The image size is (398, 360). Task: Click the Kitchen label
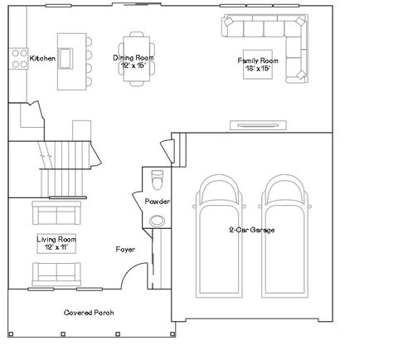(x=42, y=59)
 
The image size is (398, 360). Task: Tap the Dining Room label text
(x=135, y=58)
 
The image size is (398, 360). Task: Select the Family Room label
(x=257, y=61)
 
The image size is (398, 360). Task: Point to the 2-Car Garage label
(x=252, y=230)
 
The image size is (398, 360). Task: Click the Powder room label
(x=158, y=202)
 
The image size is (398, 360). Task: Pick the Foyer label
(x=125, y=249)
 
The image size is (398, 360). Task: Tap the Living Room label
(x=56, y=239)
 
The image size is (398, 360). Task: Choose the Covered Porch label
(x=89, y=313)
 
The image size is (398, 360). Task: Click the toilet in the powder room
(x=158, y=180)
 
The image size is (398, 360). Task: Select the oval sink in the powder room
(x=158, y=221)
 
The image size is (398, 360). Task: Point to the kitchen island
(x=70, y=60)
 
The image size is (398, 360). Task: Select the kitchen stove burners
(x=17, y=58)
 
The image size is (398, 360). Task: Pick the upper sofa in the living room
(x=56, y=215)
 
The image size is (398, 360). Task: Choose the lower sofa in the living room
(x=56, y=272)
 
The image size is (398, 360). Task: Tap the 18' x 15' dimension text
(x=257, y=69)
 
